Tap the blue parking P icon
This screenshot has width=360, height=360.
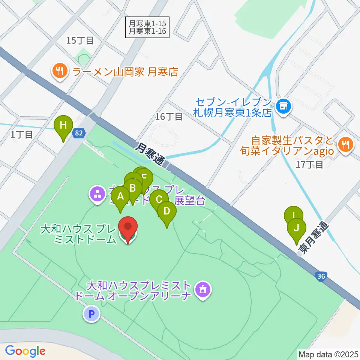coord(91,313)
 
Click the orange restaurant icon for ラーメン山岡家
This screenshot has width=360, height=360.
coord(60,72)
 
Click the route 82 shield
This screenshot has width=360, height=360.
coord(78,133)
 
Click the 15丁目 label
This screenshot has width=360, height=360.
coord(79,40)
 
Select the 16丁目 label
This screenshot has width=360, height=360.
coord(169,117)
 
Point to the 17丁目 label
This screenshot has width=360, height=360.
coord(309,165)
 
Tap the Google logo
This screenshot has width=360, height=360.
coord(25,351)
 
